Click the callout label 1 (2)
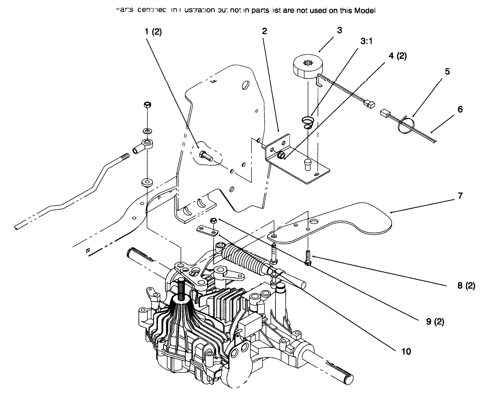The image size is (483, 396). (x=153, y=32)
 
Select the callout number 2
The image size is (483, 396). (x=264, y=31)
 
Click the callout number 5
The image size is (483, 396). (x=447, y=71)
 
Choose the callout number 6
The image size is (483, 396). (x=460, y=109)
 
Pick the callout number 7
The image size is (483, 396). (x=460, y=195)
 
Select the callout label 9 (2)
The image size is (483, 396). (x=435, y=322)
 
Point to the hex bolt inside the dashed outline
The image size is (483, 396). (x=206, y=156)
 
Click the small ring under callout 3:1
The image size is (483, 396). (x=307, y=122)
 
